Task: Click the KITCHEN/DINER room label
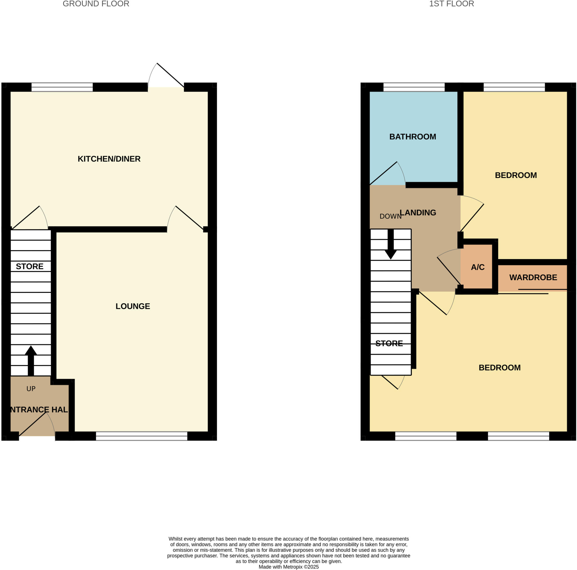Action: click(109, 159)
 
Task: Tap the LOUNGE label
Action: click(133, 306)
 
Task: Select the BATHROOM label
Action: click(412, 137)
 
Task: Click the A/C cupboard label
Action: click(478, 267)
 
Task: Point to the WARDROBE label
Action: click(533, 277)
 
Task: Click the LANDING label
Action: click(418, 213)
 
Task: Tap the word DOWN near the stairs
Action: click(390, 216)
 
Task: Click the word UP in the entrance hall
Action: click(31, 388)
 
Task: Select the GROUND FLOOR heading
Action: click(96, 4)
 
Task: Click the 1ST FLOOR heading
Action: click(451, 4)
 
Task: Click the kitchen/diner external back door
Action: click(166, 76)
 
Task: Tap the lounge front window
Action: click(141, 436)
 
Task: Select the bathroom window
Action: click(414, 87)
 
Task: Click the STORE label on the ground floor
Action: click(30, 266)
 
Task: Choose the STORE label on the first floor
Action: click(389, 343)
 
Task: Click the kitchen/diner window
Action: click(62, 87)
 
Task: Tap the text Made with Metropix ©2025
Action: click(288, 567)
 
